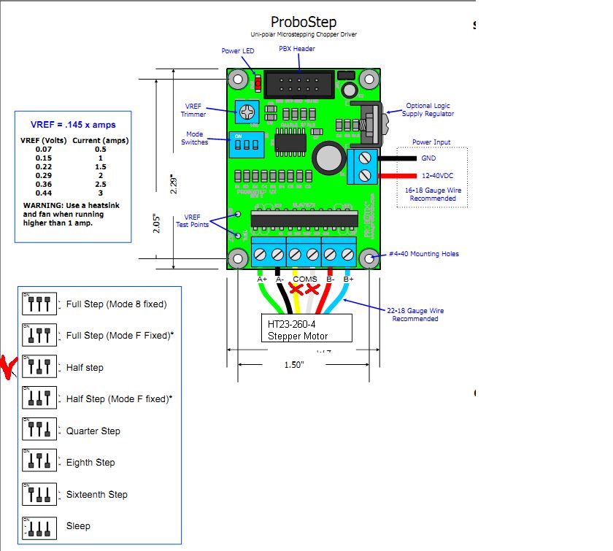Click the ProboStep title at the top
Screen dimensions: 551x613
pos(304,22)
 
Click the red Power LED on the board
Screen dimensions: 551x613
pos(257,82)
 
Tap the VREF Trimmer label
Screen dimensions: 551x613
pos(193,110)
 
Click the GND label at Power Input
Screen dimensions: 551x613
pos(428,158)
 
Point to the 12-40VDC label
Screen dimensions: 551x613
pos(437,176)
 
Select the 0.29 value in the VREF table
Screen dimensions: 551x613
pos(44,176)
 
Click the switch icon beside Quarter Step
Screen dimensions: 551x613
pos(39,430)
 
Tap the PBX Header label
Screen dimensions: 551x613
pos(297,49)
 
